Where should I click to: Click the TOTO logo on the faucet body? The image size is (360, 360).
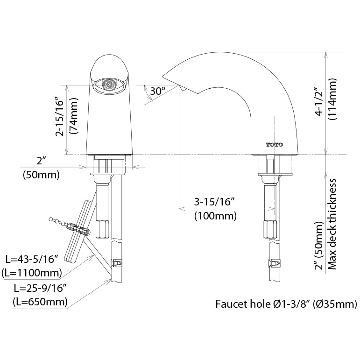click(x=275, y=144)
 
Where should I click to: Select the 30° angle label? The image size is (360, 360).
click(x=157, y=92)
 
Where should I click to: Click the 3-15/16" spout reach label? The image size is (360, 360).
click(x=214, y=202)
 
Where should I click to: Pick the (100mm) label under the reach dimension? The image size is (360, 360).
click(x=215, y=216)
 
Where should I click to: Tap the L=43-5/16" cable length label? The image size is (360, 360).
click(x=31, y=258)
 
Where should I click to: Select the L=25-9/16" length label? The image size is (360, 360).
click(x=40, y=287)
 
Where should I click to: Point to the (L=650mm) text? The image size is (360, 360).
click(x=40, y=301)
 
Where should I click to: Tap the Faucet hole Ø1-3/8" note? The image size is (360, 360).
click(x=286, y=304)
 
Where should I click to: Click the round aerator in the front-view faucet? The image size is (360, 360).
click(x=108, y=85)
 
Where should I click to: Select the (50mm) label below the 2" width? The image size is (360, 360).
click(x=41, y=176)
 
